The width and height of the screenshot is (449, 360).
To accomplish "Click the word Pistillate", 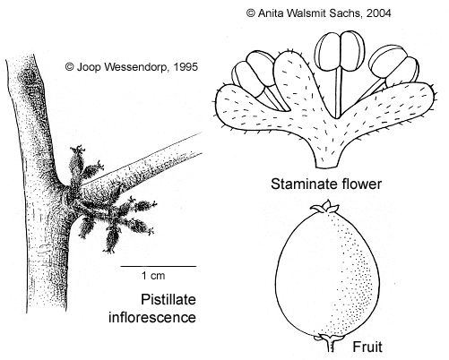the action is pyautogui.click(x=168, y=299).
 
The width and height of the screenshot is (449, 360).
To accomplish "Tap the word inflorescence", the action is pyautogui.click(x=152, y=317).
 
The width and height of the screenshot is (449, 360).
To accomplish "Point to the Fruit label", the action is pyautogui.click(x=367, y=347).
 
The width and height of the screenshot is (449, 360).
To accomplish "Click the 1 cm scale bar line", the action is pyautogui.click(x=159, y=266).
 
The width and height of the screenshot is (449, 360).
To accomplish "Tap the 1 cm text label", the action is pyautogui.click(x=153, y=276).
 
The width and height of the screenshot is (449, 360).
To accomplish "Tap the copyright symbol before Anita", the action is pyautogui.click(x=251, y=13).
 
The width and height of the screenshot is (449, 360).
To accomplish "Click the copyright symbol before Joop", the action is pyautogui.click(x=70, y=67).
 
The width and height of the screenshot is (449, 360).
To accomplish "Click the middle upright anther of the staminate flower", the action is pyautogui.click(x=341, y=51).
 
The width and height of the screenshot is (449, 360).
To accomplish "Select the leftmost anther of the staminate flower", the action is pyautogui.click(x=254, y=73).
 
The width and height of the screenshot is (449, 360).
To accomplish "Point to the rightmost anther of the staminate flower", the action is pyautogui.click(x=393, y=68).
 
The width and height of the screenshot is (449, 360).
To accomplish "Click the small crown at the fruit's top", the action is pyautogui.click(x=324, y=207).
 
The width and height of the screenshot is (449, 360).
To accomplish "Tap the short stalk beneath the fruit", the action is pyautogui.click(x=330, y=344).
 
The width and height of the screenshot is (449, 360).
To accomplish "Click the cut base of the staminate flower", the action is pyautogui.click(x=327, y=164).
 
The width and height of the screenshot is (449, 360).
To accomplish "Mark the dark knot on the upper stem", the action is pyautogui.click(x=28, y=77).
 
